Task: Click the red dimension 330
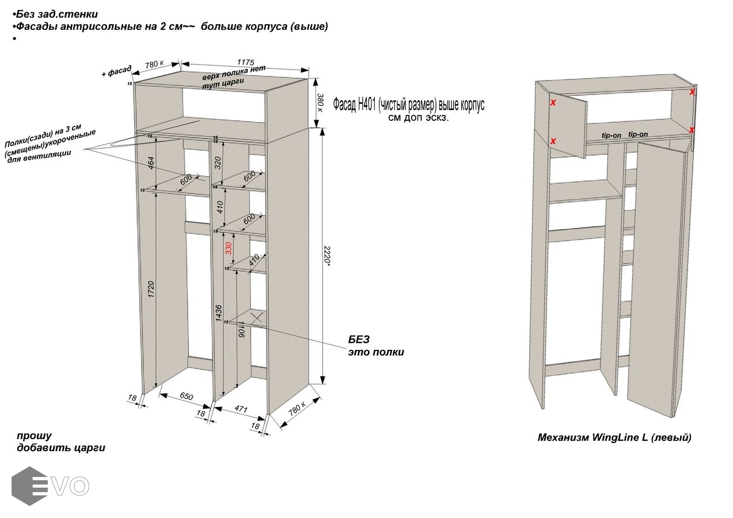(x=229, y=248)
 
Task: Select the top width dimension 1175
(x=246, y=62)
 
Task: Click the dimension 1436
(x=219, y=313)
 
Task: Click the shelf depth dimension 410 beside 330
(x=253, y=260)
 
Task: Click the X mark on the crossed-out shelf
(x=256, y=316)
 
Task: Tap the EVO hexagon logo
(x=29, y=485)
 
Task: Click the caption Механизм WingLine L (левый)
(x=614, y=437)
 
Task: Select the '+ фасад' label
(x=116, y=71)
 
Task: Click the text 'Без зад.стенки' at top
(x=56, y=14)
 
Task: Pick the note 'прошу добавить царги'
(x=60, y=441)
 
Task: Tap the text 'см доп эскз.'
(x=418, y=117)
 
